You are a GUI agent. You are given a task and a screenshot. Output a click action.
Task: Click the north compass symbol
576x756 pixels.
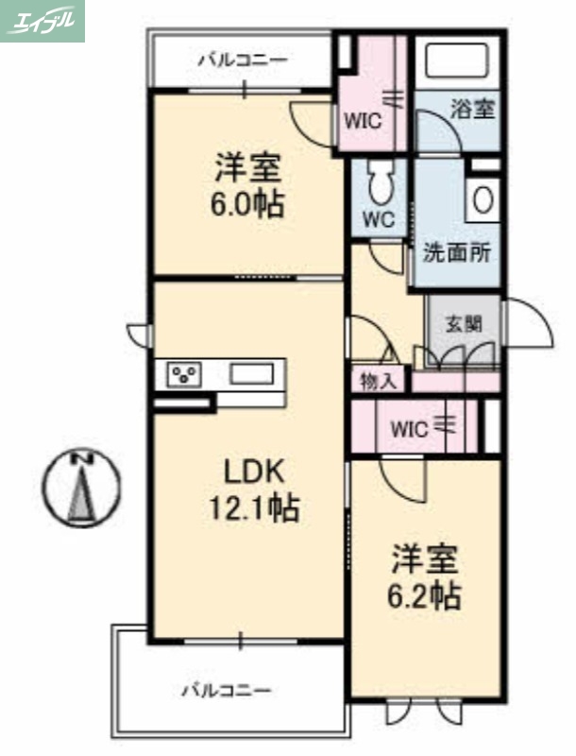tap(83, 486)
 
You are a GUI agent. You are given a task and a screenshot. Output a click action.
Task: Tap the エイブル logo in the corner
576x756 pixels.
tap(42, 21)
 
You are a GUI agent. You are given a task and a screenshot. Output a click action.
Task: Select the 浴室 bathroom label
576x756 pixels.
tap(472, 109)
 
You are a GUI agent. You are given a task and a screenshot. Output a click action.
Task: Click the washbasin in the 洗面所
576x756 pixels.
tap(482, 200)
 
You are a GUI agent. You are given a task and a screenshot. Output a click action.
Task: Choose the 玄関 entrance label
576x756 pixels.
tap(464, 323)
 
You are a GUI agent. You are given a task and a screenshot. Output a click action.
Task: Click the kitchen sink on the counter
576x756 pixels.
tap(249, 374)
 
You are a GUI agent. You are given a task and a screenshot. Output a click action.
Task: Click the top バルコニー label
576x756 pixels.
tap(242, 60)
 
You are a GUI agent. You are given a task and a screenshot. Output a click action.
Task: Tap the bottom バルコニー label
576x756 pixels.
tap(227, 691)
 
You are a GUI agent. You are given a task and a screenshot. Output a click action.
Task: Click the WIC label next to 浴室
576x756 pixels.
tap(362, 121)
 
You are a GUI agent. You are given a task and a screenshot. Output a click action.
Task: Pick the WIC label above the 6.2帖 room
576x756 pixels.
tap(409, 428)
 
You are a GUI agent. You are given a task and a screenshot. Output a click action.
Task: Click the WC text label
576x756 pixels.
tap(379, 218)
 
